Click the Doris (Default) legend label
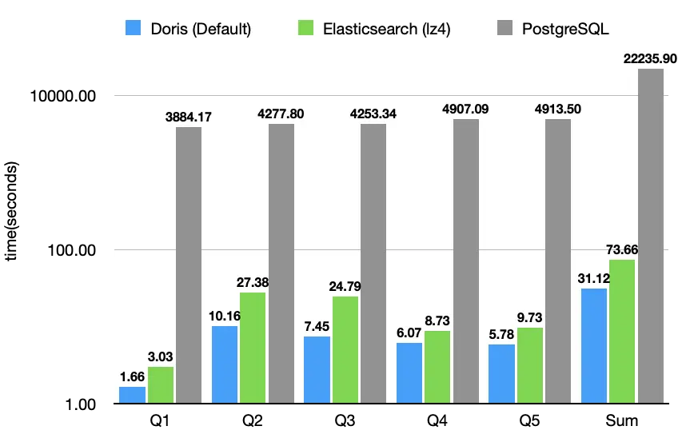coord(201,30)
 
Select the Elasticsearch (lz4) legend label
coord(381,30)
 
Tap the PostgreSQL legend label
coord(565,30)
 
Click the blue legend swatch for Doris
coord(134,29)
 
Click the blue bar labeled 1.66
coord(132,395)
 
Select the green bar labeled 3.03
coord(161,384)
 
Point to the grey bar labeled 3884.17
coord(189,265)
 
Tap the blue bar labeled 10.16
coord(225,364)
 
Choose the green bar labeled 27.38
coord(253,347)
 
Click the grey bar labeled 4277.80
coord(281,263)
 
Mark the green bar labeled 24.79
coord(345,349)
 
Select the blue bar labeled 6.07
coord(409,372)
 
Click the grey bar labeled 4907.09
coord(466,261)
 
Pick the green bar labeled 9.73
coord(530,364)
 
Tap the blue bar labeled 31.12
coord(594,345)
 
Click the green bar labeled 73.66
coord(622,331)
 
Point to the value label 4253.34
coord(373,114)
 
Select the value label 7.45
coord(317,326)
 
